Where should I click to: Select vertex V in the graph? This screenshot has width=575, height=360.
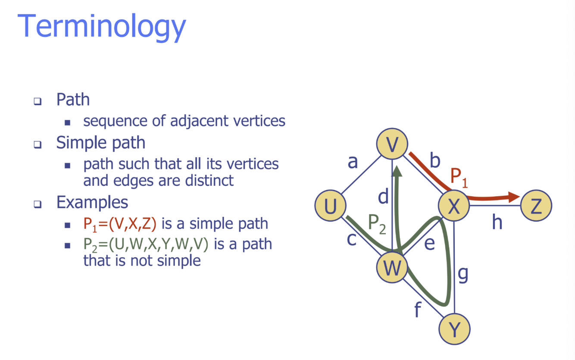[x=392, y=144]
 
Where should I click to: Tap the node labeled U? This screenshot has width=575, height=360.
[x=330, y=206]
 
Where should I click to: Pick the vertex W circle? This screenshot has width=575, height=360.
[x=392, y=268]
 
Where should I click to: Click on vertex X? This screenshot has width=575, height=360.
[x=454, y=206]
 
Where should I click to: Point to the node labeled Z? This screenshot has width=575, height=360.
[x=536, y=206]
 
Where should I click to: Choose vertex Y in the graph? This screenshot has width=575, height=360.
[x=454, y=329]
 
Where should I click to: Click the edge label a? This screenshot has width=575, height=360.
[x=353, y=162]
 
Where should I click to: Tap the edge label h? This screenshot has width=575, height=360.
[x=497, y=222]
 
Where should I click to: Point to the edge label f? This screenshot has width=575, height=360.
[x=417, y=309]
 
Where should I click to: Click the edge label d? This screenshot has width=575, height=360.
[x=383, y=197]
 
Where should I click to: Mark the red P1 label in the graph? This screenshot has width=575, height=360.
[x=459, y=177]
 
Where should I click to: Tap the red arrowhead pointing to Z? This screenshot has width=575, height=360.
[x=514, y=197]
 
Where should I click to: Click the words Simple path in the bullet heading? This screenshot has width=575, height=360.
[x=100, y=143]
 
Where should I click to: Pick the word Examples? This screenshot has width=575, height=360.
[x=92, y=202]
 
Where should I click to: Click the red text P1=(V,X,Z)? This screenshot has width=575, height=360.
[x=120, y=224]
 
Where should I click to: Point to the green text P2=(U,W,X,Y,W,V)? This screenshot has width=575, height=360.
[x=146, y=244]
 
